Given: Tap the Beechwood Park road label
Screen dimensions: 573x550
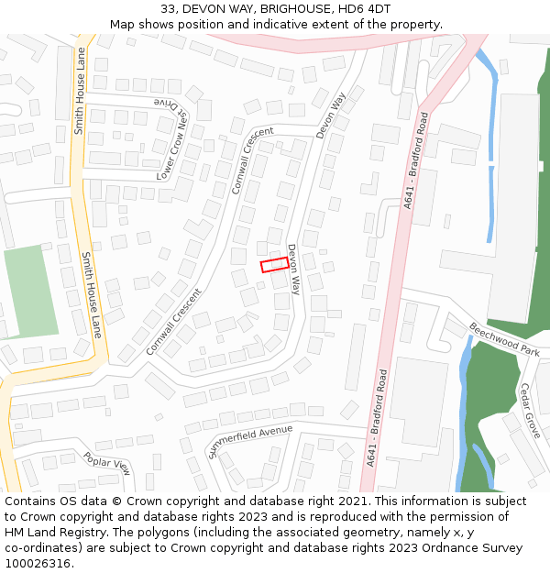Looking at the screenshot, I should pyautogui.click(x=505, y=339).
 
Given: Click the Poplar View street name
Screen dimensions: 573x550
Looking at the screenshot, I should pyautogui.click(x=107, y=463).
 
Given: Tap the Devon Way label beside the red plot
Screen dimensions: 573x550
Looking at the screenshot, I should pyautogui.click(x=294, y=269).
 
